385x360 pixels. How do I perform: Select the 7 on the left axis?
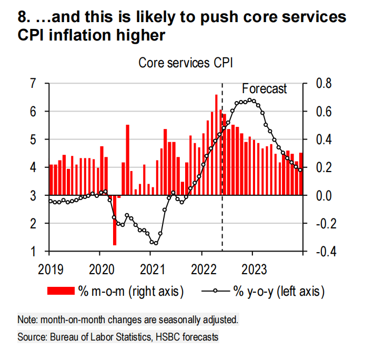click(34, 83)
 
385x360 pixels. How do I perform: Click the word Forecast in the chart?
click(264, 89)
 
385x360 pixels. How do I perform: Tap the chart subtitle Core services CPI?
click(186, 63)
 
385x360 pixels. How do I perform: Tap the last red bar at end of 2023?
click(301, 174)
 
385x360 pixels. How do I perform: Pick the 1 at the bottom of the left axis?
click(34, 251)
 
